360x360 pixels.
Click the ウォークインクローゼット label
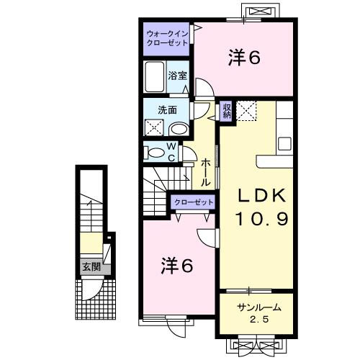167,37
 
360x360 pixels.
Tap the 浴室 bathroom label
176,74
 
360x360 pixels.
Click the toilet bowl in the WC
155,152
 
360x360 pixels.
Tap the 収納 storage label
226,111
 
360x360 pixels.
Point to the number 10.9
261,218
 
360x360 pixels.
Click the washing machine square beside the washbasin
154,128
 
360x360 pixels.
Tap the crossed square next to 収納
247,112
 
